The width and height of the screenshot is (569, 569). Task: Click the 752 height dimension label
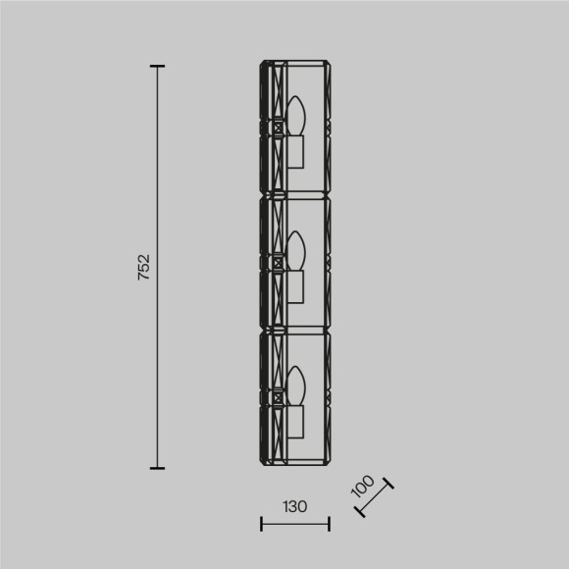143,267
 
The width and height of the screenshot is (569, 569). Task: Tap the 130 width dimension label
294,507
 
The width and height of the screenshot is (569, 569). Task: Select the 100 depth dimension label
362,486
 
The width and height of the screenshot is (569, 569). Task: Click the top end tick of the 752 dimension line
157,67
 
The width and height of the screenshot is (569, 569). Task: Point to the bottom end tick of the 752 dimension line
157,468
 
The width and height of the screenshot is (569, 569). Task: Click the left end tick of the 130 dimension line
261,524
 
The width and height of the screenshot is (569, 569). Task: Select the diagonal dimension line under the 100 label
375,499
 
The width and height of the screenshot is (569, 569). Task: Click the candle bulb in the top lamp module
296,116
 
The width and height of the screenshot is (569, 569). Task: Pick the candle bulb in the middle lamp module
296,249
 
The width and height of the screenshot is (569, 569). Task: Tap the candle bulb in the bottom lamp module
296,386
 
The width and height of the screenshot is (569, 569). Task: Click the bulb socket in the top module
296,152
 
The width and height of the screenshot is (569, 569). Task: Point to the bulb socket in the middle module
296,285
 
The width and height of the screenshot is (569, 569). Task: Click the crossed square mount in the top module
278,126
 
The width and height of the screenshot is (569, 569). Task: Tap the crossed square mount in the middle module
278,262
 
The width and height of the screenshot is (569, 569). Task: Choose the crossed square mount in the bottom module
278,397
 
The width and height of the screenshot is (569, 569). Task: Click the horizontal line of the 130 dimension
295,524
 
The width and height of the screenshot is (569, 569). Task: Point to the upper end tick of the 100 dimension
390,483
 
